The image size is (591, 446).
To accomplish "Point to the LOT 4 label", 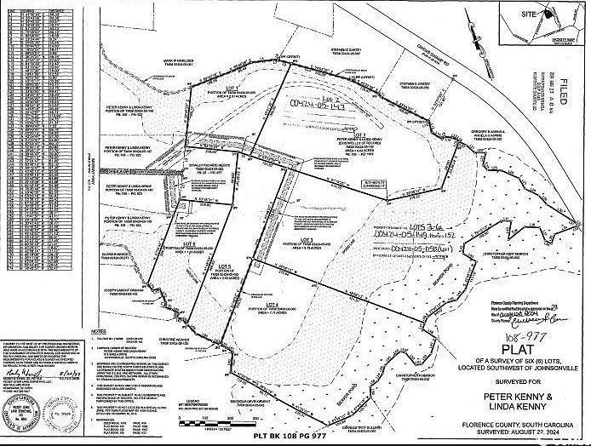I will coord(273,305).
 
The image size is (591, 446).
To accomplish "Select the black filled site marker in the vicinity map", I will coord(542,18).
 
